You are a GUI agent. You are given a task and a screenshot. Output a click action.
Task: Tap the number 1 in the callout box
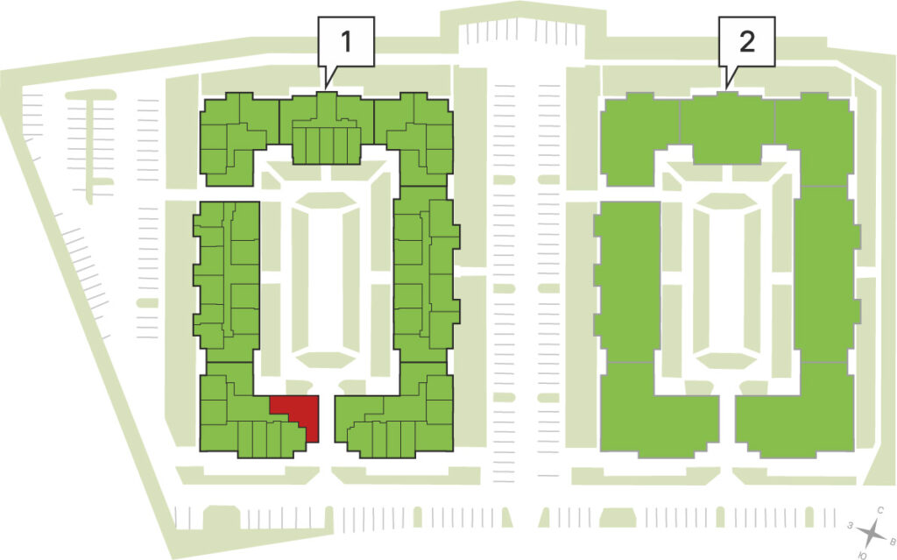345,41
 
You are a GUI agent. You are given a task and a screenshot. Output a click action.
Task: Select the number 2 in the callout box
746,41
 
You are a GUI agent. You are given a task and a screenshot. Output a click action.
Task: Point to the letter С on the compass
881,509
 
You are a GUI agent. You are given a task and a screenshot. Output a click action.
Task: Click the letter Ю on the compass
863,555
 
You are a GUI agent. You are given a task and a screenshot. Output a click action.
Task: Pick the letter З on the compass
851,525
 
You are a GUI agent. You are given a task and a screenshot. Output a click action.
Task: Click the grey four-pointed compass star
872,533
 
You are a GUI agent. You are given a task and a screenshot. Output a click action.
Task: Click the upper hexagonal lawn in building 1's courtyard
326,200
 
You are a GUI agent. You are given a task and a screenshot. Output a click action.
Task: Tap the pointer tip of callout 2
725,89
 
